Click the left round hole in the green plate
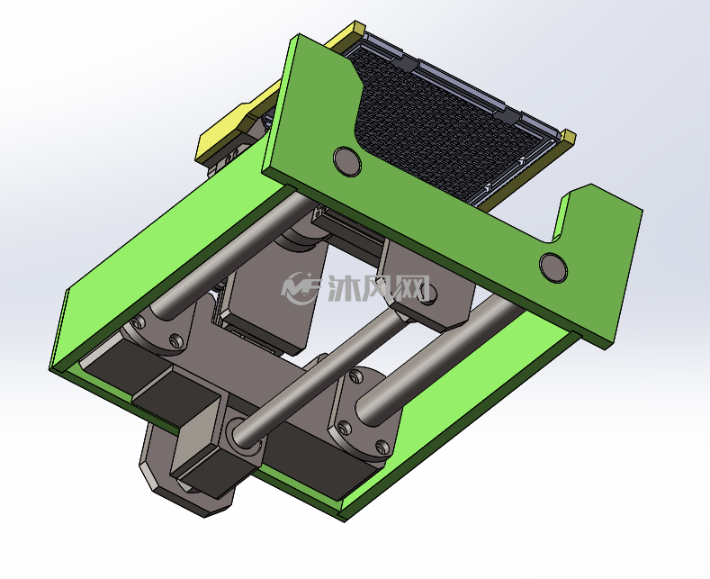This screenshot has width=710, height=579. pos(347,161)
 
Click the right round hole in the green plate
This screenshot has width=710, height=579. pos(553,267)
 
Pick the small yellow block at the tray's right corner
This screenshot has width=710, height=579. pos(568,136)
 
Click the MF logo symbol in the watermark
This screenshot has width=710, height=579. pos(301,287)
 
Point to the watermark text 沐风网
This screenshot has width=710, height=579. pos(379,288)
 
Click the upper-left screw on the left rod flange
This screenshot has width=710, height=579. pos(138,322)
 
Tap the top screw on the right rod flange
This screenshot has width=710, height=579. pos(356,375)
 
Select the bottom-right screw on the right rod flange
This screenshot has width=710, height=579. pos(382,448)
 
